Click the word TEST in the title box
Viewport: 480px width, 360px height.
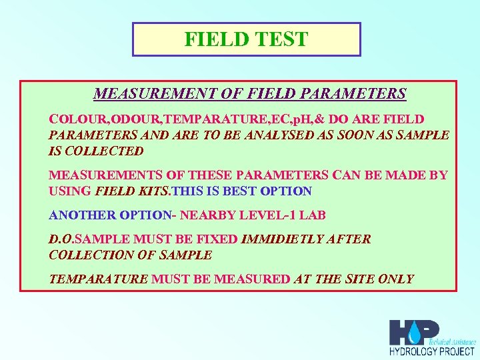coord(279,39)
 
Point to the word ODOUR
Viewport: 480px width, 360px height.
coord(136,120)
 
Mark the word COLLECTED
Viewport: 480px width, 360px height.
coord(104,151)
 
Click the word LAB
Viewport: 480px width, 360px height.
coord(312,215)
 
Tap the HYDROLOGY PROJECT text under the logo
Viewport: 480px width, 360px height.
coord(432,351)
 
